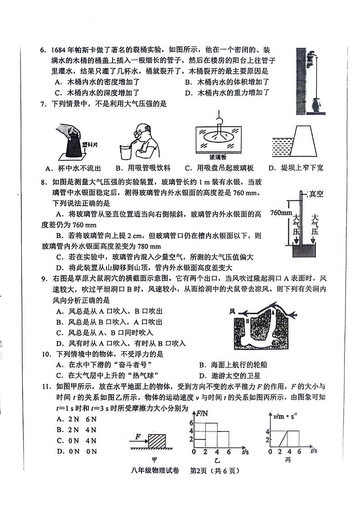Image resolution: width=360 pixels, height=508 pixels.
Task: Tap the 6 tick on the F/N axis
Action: coord(191,423)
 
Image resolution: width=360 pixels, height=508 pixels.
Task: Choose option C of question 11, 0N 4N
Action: coord(77,440)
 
